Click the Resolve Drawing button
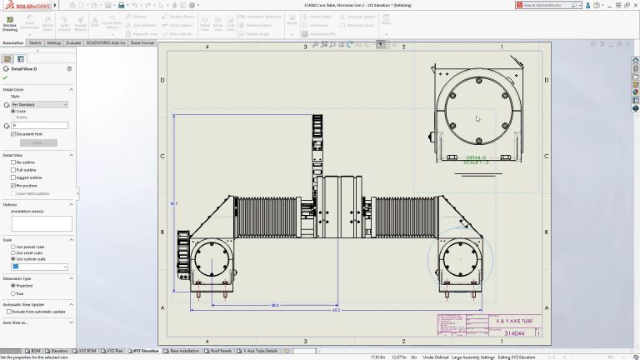(x=9, y=26)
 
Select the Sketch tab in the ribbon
(x=35, y=42)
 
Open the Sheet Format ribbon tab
(x=142, y=42)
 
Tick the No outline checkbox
(x=13, y=162)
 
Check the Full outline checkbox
(x=13, y=169)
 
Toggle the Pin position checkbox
(x=13, y=185)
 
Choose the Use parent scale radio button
(x=13, y=247)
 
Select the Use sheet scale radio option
(x=13, y=252)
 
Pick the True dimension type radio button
(x=13, y=293)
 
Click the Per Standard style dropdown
(x=39, y=105)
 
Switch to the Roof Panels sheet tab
(x=221, y=351)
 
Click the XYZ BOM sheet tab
(x=90, y=351)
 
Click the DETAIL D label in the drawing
(x=476, y=157)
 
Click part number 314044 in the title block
(x=514, y=333)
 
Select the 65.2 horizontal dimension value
(x=336, y=310)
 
